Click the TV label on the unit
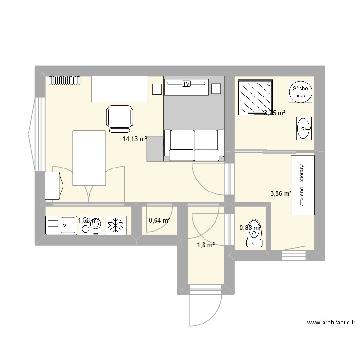[x=186, y=84]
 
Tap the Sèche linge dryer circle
[x=300, y=92]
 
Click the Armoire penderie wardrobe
[x=302, y=185]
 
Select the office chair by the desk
[x=119, y=117]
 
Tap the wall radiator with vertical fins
[x=64, y=80]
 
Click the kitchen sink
[x=62, y=225]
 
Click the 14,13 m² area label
[x=134, y=139]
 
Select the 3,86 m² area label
[x=281, y=194]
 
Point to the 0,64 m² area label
[x=159, y=221]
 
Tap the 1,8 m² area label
[x=204, y=245]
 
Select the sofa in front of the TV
[x=194, y=144]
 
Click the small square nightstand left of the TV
[x=156, y=89]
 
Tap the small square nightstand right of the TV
[x=216, y=88]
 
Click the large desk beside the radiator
[x=119, y=89]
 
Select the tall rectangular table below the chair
[x=89, y=158]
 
